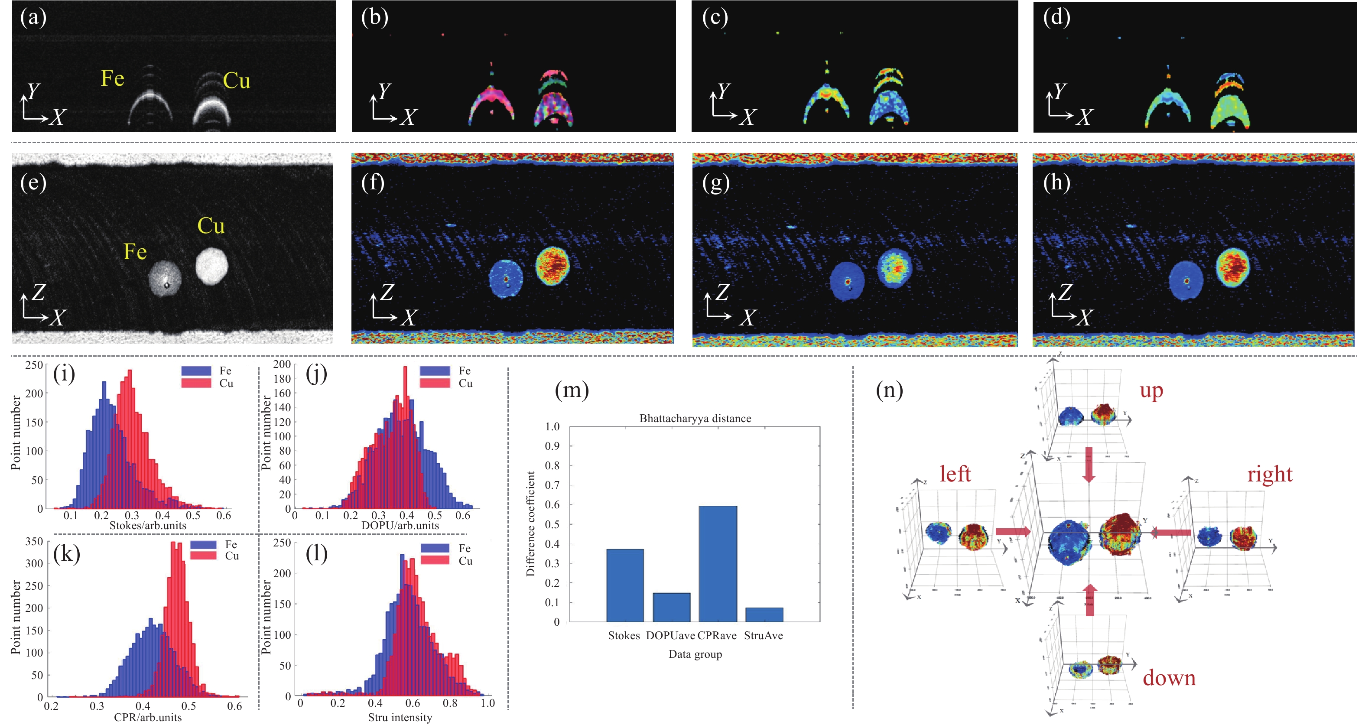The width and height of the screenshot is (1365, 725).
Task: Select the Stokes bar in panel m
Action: click(625, 585)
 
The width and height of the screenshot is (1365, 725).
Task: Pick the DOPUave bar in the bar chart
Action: click(671, 607)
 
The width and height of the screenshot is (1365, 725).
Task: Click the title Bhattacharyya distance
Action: click(695, 418)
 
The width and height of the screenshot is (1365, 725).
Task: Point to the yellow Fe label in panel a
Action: click(112, 78)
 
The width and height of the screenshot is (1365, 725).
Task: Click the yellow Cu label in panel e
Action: click(211, 226)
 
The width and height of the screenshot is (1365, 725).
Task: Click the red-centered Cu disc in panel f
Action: click(552, 266)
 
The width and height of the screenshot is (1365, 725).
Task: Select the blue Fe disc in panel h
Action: click(1186, 281)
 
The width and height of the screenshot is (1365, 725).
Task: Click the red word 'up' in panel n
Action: click(1151, 390)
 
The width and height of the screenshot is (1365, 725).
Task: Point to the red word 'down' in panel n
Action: click(1169, 678)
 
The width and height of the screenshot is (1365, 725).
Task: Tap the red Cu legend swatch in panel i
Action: click(196, 383)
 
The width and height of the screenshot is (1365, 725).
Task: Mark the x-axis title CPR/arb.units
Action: click(148, 718)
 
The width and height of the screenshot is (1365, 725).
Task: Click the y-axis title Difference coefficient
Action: click(530, 523)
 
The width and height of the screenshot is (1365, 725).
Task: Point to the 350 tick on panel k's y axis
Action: click(34, 542)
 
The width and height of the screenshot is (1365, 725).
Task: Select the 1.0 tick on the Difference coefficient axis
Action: click(552, 426)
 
